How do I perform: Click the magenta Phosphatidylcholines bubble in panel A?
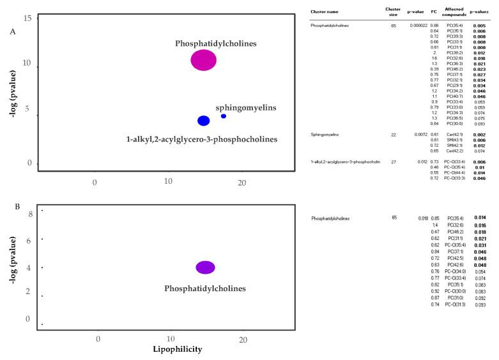click(203, 60)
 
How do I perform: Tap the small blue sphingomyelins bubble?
click(223, 116)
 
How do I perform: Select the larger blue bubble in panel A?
click(203, 121)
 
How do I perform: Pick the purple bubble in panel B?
click(205, 267)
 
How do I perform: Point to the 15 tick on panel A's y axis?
click(27, 19)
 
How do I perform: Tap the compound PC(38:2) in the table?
click(455, 53)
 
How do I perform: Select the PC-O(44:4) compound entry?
click(454, 173)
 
